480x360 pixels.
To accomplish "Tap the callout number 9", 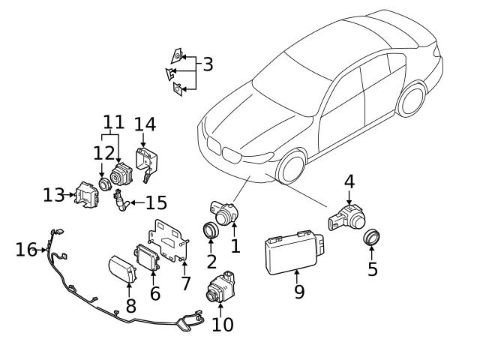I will coord(299,291).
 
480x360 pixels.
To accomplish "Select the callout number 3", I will coord(208,64).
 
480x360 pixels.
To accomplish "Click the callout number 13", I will coord(53,195).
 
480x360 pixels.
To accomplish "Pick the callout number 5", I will coord(373,268).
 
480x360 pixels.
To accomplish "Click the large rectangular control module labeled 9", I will coord(292,250).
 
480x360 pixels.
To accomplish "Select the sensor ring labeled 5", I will coord(371,238).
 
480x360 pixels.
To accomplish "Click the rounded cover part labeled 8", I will coord(122,268).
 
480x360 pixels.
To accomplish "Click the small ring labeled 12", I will coord(102,184).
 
